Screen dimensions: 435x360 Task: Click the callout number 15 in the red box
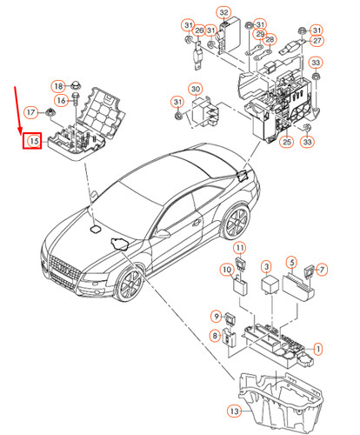click(x=34, y=140)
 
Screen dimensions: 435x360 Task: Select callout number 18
click(x=58, y=86)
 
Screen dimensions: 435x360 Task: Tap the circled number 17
click(x=30, y=112)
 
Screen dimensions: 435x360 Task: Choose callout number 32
click(x=224, y=12)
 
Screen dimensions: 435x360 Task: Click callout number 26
click(x=198, y=32)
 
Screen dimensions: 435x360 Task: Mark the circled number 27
click(x=317, y=41)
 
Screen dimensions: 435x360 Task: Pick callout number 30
click(x=195, y=89)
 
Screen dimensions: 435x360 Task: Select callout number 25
click(x=286, y=141)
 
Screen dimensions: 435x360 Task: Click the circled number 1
click(x=317, y=349)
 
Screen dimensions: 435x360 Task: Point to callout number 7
click(x=321, y=269)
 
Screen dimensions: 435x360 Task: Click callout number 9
click(x=217, y=315)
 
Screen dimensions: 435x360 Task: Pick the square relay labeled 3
click(x=267, y=285)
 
